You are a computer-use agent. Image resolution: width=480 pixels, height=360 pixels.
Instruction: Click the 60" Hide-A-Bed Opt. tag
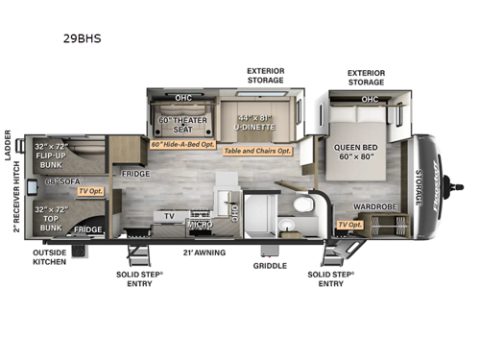[182, 144]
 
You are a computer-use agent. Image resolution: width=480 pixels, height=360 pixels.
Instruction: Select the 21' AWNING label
[204, 252]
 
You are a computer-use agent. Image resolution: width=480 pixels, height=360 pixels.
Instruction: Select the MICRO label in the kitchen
[200, 225]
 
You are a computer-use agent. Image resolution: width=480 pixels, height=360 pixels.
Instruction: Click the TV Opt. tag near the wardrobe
[349, 225]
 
